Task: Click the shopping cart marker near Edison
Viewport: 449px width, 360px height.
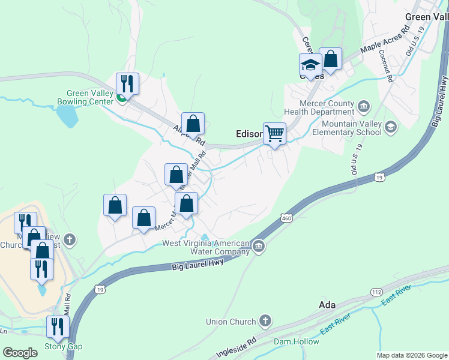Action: click(x=275, y=133)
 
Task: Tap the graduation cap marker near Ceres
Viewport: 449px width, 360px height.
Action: click(x=311, y=64)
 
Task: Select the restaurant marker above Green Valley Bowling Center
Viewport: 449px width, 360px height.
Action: click(x=127, y=83)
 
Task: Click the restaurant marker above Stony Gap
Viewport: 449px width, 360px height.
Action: click(x=58, y=327)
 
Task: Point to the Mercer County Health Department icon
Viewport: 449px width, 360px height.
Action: click(x=363, y=107)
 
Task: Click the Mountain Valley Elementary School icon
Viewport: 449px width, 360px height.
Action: click(x=391, y=126)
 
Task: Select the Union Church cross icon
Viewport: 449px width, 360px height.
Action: click(x=265, y=321)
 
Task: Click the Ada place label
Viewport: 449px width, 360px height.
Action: click(x=327, y=305)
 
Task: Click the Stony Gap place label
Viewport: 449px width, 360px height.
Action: click(x=63, y=347)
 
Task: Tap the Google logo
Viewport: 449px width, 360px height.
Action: click(x=20, y=353)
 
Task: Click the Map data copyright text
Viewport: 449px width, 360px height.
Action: click(x=411, y=355)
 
